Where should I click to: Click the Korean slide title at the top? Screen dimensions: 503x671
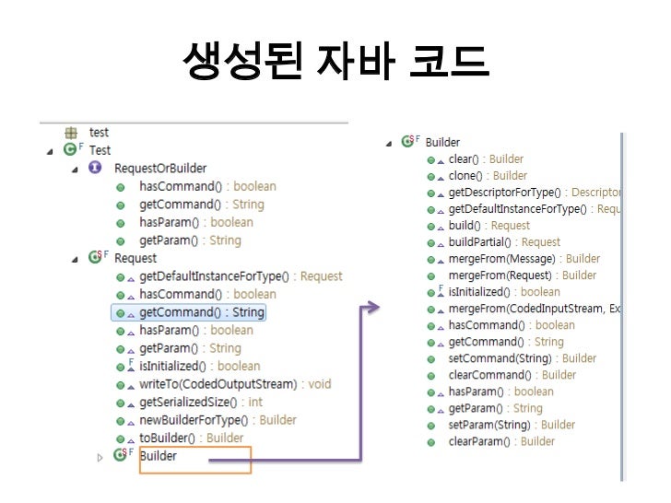(x=335, y=63)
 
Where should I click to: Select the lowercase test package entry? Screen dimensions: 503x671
(x=98, y=133)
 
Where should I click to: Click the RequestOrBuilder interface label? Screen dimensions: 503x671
(x=159, y=168)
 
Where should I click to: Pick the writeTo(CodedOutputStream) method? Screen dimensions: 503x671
(x=235, y=384)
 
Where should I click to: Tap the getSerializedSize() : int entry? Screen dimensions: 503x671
(x=200, y=402)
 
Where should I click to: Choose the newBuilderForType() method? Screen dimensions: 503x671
(x=218, y=420)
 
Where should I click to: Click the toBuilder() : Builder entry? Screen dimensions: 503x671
(x=191, y=438)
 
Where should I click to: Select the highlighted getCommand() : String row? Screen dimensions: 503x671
(x=201, y=312)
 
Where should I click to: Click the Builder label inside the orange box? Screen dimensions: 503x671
(x=159, y=456)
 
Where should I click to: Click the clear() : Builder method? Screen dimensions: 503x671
(x=485, y=159)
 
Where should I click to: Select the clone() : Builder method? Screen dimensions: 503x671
(x=487, y=176)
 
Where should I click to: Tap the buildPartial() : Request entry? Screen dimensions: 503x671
(x=503, y=242)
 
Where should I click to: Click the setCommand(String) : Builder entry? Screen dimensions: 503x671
(x=522, y=358)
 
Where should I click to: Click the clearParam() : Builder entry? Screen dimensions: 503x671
(x=501, y=441)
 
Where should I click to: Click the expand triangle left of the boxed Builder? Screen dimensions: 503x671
(x=100, y=457)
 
